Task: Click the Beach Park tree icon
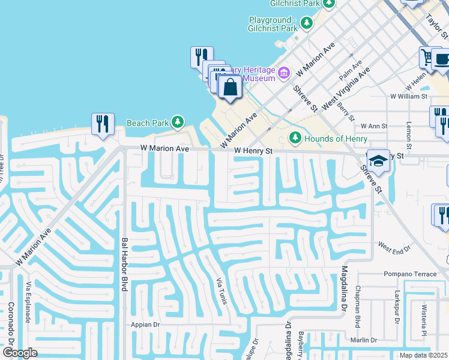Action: pos(177,123)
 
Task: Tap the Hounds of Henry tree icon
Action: pos(295,139)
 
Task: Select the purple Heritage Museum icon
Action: pos(284,73)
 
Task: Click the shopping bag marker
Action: pos(230,87)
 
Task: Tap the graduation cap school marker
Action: pos(378,161)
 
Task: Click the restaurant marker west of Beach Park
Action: pos(103,124)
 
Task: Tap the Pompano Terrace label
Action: pos(411,274)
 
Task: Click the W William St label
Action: pos(408,96)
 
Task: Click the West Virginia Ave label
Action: pos(346,88)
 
